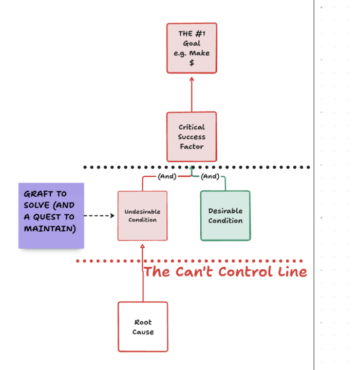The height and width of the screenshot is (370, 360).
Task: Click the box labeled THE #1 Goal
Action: (192, 48)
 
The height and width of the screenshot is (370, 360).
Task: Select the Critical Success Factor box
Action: (192, 137)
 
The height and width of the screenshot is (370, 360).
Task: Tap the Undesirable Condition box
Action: (142, 216)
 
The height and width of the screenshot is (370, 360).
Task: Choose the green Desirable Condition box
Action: (225, 216)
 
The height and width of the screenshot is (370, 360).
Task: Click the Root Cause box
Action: (143, 327)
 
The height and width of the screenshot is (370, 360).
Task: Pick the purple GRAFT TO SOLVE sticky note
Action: (51, 216)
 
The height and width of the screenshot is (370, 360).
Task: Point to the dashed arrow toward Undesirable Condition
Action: (99, 216)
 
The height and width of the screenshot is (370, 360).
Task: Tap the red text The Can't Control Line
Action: (225, 272)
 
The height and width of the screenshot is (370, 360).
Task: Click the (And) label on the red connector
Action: (166, 176)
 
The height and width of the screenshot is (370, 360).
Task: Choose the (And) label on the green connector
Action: (210, 176)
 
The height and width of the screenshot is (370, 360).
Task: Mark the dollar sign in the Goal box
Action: (192, 63)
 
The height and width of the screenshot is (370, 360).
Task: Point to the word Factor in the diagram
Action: (192, 146)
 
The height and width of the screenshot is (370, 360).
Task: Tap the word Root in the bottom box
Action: (143, 322)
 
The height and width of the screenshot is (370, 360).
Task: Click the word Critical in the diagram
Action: (192, 127)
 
